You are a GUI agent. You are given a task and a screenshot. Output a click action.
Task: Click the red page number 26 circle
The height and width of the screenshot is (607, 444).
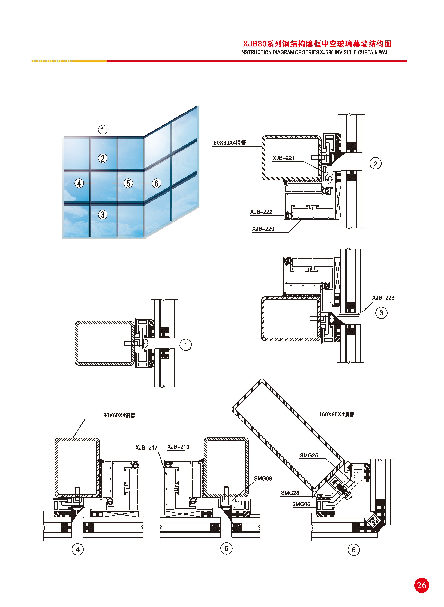421,585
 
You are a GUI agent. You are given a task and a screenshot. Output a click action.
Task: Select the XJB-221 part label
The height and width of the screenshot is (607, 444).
284,158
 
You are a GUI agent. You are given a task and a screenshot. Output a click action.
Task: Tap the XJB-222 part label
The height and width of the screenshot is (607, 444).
261,212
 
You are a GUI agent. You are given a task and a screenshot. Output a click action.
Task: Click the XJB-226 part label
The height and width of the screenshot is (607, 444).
383,298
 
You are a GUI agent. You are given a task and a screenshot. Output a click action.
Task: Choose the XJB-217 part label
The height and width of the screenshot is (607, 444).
146,448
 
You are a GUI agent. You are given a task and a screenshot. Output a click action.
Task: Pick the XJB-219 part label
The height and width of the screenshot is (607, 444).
178,447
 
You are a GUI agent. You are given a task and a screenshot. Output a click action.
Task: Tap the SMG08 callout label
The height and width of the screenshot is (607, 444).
263,478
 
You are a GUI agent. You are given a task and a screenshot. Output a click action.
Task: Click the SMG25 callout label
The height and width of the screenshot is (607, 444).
309,455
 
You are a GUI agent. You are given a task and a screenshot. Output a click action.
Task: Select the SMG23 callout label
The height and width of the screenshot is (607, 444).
290,493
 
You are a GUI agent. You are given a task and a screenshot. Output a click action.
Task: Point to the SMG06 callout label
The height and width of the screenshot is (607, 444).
301,504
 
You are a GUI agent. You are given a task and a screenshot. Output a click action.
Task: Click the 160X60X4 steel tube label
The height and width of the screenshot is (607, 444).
337,415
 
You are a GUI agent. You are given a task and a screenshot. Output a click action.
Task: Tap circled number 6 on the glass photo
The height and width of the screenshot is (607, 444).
156,183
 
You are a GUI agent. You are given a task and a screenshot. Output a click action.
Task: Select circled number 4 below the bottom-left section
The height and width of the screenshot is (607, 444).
78,549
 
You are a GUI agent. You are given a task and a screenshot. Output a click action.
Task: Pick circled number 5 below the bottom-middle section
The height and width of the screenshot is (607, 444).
226,548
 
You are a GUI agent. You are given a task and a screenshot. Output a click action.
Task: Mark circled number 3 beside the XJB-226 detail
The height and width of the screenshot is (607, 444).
381,313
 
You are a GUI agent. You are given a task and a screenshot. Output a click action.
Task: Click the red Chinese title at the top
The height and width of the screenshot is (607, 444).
317,44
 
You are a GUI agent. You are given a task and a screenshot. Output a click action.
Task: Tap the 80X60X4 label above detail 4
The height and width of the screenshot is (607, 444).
119,415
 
